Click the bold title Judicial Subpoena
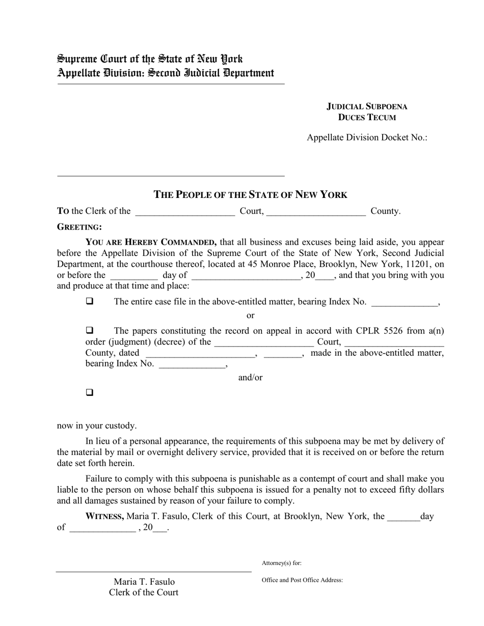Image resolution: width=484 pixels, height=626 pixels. (367, 106)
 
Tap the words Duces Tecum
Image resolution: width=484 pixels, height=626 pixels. (367, 118)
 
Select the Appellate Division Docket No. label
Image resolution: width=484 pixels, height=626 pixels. (367, 137)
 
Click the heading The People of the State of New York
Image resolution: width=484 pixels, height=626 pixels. (250, 194)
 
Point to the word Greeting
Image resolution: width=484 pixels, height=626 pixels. (79, 227)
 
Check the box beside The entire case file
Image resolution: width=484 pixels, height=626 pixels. (90, 301)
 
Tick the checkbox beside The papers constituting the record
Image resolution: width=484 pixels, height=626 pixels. (90, 331)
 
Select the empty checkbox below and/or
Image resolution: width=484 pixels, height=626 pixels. (90, 392)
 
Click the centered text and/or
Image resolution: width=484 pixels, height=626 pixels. (250, 378)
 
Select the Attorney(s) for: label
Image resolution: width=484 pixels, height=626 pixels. (281, 563)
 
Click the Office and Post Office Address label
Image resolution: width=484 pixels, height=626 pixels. (302, 580)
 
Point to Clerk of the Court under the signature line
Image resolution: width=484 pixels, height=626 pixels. (144, 592)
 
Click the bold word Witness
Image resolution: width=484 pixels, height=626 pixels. (104, 516)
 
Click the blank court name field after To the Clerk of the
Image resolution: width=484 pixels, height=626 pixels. (185, 212)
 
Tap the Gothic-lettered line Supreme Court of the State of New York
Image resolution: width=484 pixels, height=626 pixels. (150, 59)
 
